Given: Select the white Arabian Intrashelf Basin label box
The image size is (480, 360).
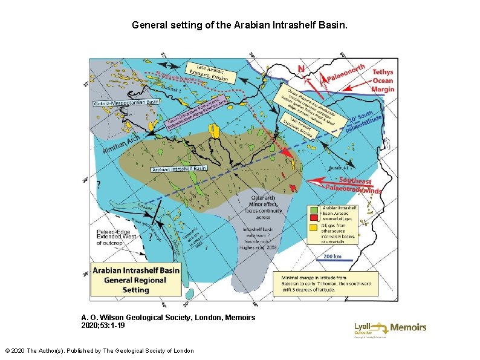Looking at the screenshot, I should coord(179,168).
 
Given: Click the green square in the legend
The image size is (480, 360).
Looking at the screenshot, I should coord(313,209).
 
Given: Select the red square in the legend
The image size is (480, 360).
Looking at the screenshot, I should coord(313,217).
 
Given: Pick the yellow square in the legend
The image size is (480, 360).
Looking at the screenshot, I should coord(313,228).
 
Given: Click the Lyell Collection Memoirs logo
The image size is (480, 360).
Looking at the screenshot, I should coord(398,328).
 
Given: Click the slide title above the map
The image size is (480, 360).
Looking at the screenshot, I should coord(239,26).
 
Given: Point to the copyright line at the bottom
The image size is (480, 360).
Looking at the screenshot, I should coord(99,350).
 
